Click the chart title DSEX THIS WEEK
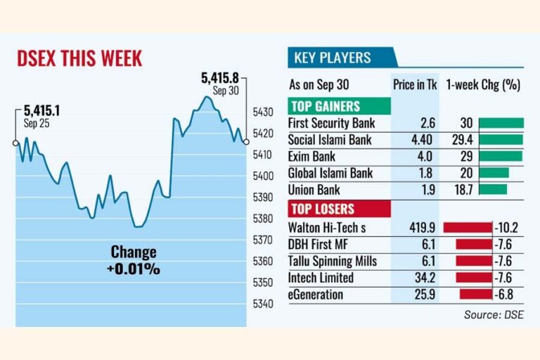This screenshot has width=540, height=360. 79,58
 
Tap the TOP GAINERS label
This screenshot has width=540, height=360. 324,107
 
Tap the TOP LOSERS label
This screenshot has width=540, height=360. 322,210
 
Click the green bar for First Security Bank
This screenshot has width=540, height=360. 501,123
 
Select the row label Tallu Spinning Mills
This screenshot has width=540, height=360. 333,261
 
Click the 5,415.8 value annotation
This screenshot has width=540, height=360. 221,78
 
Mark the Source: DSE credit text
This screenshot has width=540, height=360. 493,314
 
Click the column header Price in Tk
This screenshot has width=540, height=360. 415,85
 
